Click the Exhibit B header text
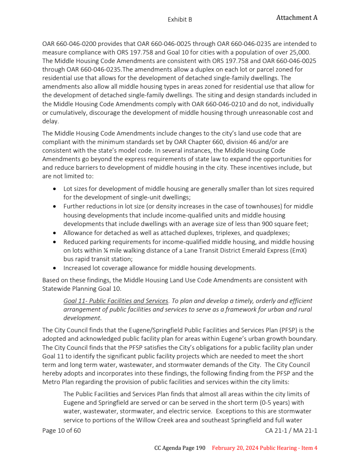pos(180,19)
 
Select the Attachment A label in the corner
pos(297,18)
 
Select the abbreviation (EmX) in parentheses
pos(297,250)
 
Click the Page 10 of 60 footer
pos(62,430)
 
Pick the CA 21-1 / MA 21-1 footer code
pos(291,430)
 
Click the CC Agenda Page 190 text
pos(180,448)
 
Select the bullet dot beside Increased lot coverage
pos(54,268)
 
